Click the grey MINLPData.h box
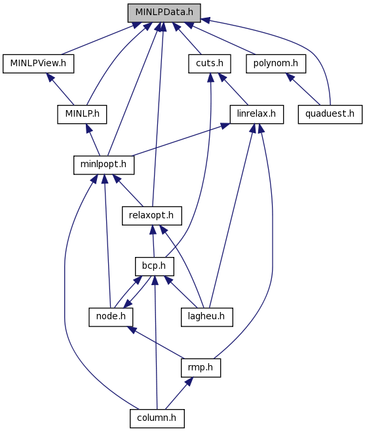pyautogui.click(x=164, y=12)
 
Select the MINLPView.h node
pyautogui.click(x=38, y=64)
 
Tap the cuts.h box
pyautogui.click(x=209, y=64)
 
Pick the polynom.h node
pyautogui.click(x=276, y=64)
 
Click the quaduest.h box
pyautogui.click(x=330, y=114)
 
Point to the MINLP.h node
pyautogui.click(x=82, y=114)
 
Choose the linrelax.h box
pyautogui.click(x=256, y=114)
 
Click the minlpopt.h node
pyautogui.click(x=104, y=165)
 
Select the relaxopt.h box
pyautogui.click(x=152, y=216)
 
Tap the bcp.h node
pyautogui.click(x=154, y=266)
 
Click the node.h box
pyautogui.click(x=111, y=317)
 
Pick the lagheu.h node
pyautogui.click(x=206, y=317)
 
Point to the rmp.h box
pyautogui.click(x=201, y=368)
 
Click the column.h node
pyautogui.click(x=157, y=418)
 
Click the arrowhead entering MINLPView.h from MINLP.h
pyautogui.click(x=50, y=77)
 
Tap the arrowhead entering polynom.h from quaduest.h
pyautogui.click(x=290, y=77)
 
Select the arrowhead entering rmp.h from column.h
pyautogui.click(x=189, y=382)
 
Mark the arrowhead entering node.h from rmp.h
pyautogui.click(x=132, y=330)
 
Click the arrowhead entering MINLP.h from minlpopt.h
pyautogui.click(x=88, y=128)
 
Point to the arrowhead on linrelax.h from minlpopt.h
pyautogui.click(x=225, y=126)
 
